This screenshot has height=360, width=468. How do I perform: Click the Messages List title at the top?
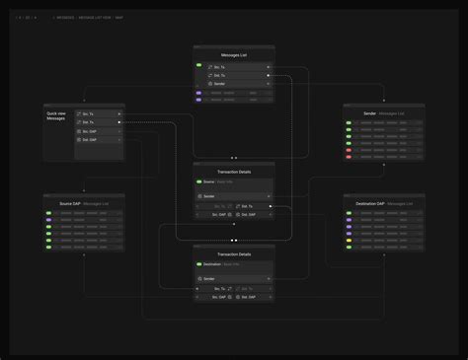coord(234,55)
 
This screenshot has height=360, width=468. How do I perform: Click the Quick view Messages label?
coord(55,115)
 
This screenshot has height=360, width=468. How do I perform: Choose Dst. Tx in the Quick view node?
coord(98,122)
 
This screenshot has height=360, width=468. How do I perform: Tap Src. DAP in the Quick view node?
coord(98,131)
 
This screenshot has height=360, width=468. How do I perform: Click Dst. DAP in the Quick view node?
coord(98,140)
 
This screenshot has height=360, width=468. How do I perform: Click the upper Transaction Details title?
coord(234,172)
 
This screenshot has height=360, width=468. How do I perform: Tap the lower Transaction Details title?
coord(234,254)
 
